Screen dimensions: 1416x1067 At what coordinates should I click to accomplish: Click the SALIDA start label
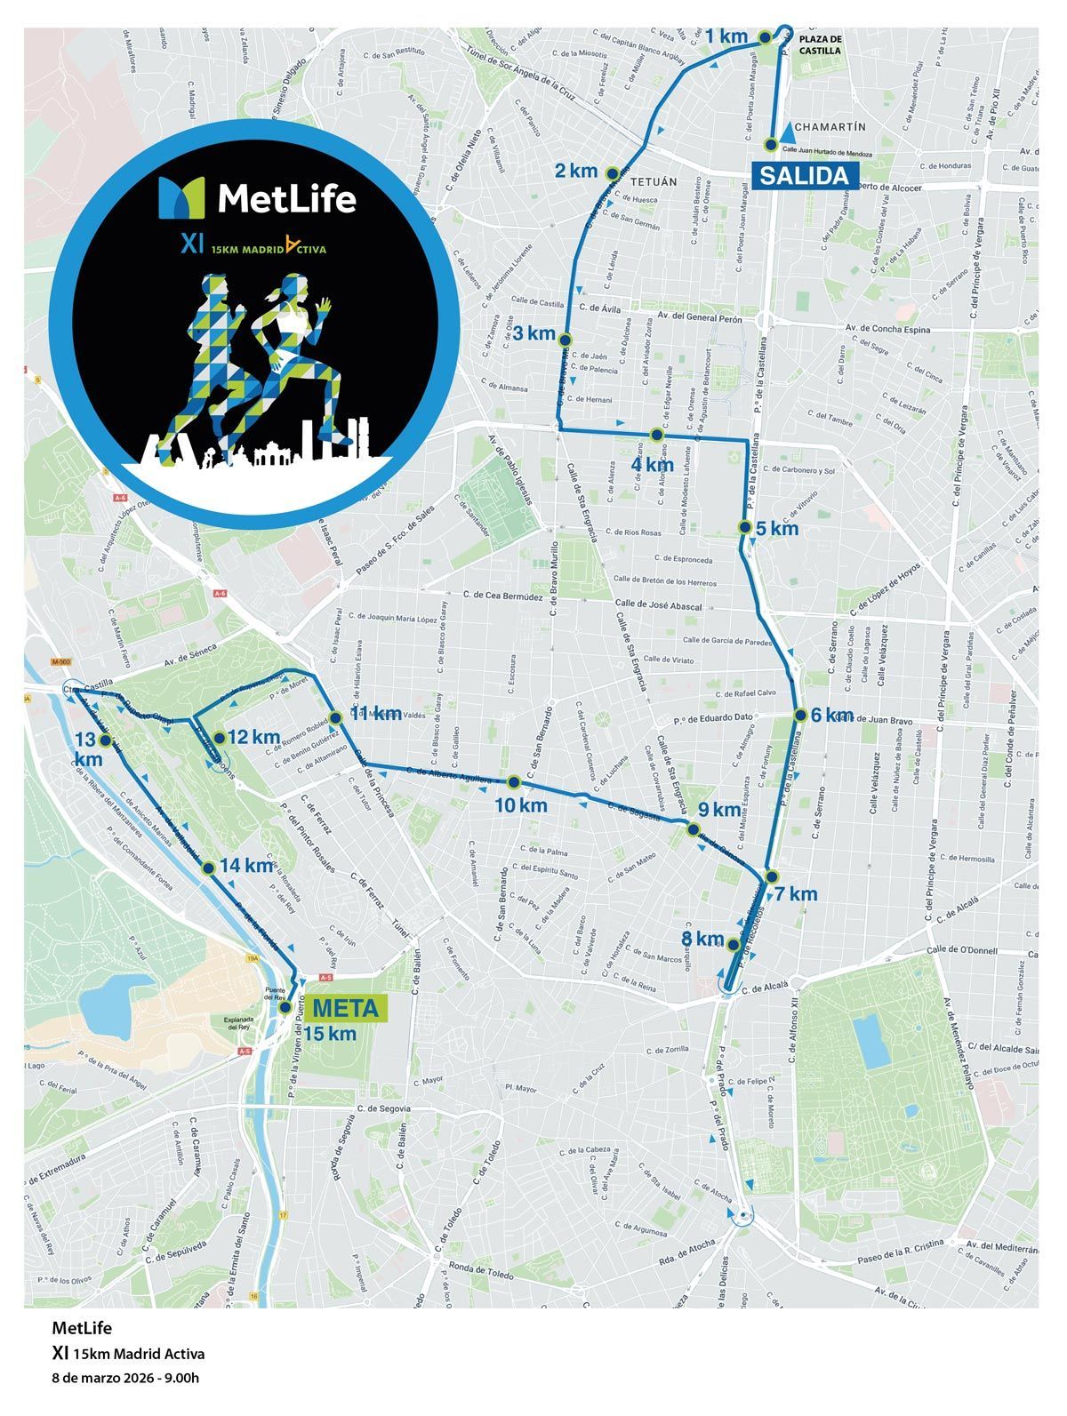click(x=804, y=175)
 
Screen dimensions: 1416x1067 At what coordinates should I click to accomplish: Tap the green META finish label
click(x=345, y=1009)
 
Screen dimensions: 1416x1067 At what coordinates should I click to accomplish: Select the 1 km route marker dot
click(x=764, y=37)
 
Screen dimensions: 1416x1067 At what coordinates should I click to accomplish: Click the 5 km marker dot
click(x=745, y=527)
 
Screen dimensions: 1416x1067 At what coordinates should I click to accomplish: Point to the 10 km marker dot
click(x=513, y=782)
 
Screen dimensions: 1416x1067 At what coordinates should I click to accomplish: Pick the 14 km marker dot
click(x=208, y=868)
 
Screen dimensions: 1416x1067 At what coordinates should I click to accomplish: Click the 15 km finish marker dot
click(x=285, y=1008)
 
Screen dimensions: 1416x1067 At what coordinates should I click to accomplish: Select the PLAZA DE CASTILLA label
click(x=820, y=45)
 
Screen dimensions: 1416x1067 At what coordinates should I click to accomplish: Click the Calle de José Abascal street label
click(x=659, y=605)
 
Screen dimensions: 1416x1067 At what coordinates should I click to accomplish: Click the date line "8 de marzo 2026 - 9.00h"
click(x=125, y=1379)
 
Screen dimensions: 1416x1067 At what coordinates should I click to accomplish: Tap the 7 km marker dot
click(x=772, y=876)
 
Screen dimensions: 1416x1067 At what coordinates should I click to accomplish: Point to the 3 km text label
click(x=534, y=333)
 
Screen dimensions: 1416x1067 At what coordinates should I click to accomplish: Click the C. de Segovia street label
click(x=382, y=1108)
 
